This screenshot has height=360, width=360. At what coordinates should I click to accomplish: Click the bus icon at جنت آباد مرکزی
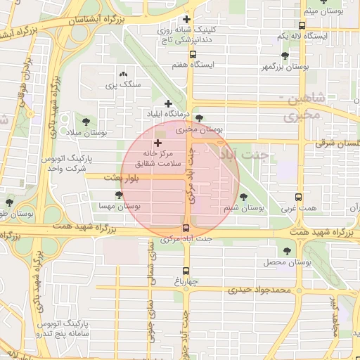[186, 228]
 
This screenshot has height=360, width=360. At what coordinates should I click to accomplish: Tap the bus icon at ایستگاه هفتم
[193, 53]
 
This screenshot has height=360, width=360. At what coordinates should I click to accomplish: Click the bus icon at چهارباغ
[186, 271]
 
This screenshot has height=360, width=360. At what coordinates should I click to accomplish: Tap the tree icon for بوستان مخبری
[200, 118]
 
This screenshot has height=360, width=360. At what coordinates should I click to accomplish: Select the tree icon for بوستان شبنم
[244, 198]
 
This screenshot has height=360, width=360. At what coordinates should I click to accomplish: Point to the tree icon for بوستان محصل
[286, 251]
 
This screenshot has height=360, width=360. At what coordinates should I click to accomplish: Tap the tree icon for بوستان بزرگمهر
[285, 56]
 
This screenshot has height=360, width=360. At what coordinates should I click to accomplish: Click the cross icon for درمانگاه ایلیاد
[169, 103]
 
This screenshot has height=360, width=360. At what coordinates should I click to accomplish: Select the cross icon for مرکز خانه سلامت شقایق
[157, 143]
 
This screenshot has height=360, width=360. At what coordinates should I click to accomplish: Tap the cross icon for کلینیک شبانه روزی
[186, 20]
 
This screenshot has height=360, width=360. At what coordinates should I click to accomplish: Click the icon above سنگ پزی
[124, 74]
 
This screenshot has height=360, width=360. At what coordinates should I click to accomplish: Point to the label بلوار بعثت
[122, 179]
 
